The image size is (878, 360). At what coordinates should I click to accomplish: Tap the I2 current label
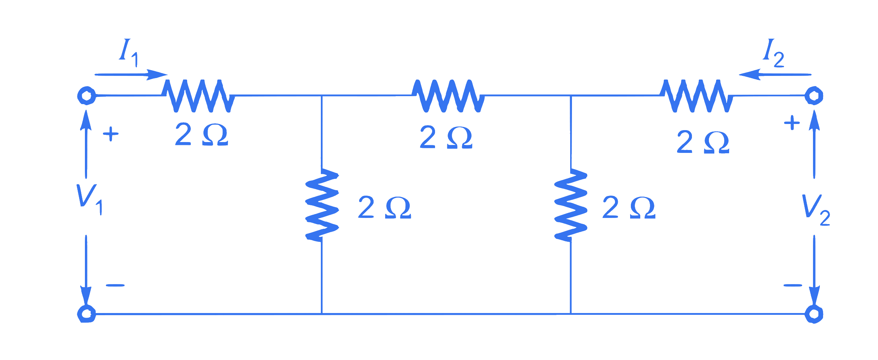(x=774, y=53)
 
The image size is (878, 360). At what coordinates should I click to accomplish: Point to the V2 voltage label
(x=816, y=210)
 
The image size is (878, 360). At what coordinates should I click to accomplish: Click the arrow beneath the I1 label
(x=131, y=75)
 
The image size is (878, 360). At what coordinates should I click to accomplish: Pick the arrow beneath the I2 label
(x=775, y=75)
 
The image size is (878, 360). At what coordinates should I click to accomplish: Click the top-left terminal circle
(x=86, y=96)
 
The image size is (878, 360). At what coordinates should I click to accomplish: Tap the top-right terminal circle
(x=814, y=96)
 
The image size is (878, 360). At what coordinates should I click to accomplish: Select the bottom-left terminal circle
(x=86, y=314)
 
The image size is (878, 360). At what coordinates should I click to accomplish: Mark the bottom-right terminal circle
(x=814, y=314)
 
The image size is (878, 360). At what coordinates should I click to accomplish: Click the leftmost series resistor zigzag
(x=198, y=96)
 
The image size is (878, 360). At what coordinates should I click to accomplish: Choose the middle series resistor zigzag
(x=448, y=96)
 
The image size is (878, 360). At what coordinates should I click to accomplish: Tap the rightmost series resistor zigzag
(x=697, y=96)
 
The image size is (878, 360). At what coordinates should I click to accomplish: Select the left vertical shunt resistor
(x=322, y=205)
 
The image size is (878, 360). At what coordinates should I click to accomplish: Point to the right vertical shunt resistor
(x=571, y=205)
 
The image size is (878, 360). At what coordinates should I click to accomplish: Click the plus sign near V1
(x=111, y=134)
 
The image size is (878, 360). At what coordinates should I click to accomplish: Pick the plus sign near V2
(x=792, y=123)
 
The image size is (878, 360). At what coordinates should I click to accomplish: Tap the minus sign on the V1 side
(x=115, y=285)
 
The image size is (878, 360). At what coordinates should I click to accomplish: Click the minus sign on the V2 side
(x=793, y=285)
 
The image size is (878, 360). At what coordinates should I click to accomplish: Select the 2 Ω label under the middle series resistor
(x=446, y=137)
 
